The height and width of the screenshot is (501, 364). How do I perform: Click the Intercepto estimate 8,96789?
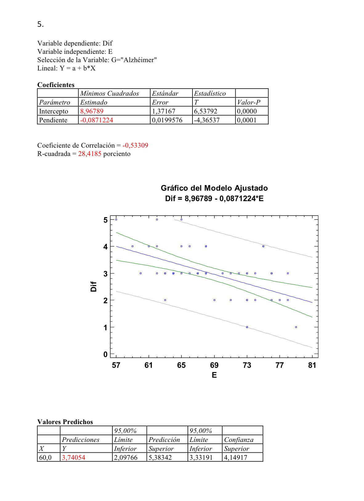tap(92, 111)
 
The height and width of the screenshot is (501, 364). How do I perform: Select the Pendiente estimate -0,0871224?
tap(96, 120)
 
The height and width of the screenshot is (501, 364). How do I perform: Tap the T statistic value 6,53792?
tap(205, 111)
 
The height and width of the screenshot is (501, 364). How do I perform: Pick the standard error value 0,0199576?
tap(167, 120)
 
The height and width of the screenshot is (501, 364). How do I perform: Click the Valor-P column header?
tap(249, 102)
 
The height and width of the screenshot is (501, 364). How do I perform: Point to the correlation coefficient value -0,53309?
tap(135, 145)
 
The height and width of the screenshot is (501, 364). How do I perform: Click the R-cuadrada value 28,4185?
tap(90, 153)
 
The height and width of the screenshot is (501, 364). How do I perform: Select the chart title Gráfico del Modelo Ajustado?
tap(214, 188)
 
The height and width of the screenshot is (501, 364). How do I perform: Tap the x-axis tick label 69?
tap(214, 365)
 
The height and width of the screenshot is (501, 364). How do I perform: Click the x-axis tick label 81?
tap(312, 365)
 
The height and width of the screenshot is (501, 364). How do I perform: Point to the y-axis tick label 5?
tap(105, 220)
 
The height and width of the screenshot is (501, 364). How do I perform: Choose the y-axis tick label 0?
tap(105, 354)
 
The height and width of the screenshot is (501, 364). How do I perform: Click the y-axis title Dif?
tap(94, 286)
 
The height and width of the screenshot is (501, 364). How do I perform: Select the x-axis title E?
tap(214, 375)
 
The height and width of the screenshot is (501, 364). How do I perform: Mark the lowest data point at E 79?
tap(296, 327)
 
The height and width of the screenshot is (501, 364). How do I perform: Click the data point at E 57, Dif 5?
tap(116, 219)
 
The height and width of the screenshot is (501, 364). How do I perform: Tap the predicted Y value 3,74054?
tap(74, 457)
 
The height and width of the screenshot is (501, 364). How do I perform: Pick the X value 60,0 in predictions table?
tap(45, 457)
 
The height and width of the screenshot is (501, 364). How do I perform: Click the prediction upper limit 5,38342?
tap(160, 457)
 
